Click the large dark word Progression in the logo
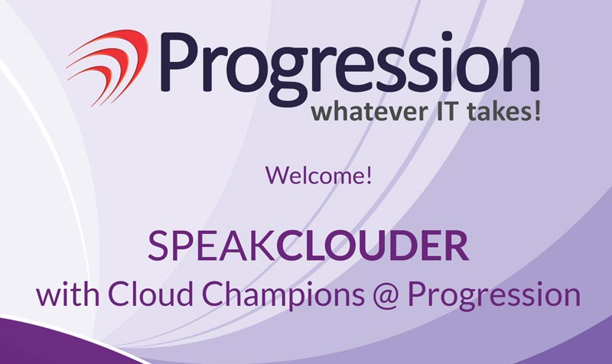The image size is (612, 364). (x=350, y=67)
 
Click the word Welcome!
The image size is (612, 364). (x=318, y=175)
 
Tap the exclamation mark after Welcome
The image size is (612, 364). (x=368, y=175)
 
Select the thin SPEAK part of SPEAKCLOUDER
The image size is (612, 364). (x=211, y=245)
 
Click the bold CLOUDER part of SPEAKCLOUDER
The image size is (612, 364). (x=373, y=245)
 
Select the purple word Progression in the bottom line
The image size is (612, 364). (x=494, y=296)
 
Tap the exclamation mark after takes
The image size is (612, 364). (x=537, y=111)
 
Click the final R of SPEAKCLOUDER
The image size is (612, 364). (x=457, y=245)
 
